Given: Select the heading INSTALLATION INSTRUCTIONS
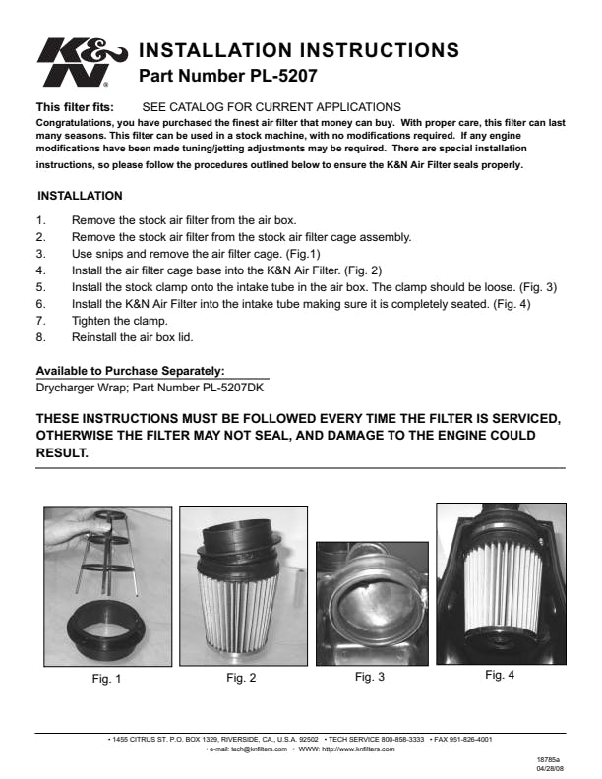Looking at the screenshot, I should click(299, 50).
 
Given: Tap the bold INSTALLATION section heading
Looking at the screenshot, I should click(80, 196).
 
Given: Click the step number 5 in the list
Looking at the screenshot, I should click(40, 287).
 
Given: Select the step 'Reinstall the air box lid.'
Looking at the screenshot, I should click(132, 337).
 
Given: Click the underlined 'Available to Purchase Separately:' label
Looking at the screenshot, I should click(131, 371).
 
